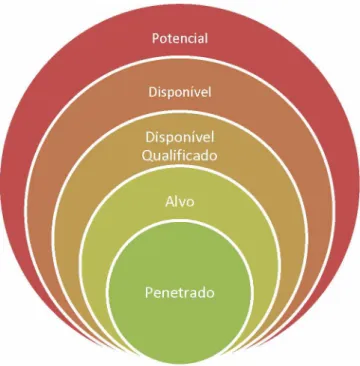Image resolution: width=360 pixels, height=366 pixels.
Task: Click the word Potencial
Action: pos(180,38)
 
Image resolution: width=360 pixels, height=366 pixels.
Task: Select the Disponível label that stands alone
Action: pos(180,92)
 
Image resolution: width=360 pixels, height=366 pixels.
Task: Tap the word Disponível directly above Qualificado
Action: pos(180,137)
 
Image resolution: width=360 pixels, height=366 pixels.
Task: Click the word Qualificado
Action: pos(180,155)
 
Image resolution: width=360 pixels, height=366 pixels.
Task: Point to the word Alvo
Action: pos(180,202)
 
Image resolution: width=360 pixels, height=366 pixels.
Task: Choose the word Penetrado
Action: pos(180,293)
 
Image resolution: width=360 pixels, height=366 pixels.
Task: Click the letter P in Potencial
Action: pos(156,38)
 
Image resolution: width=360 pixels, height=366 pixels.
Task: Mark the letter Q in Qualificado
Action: pos(148,156)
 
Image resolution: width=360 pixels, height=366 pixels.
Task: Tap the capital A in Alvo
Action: pos(170,202)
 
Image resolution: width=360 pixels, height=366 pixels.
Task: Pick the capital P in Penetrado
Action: pos(149,293)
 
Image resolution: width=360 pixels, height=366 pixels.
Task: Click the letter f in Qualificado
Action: pos(183,155)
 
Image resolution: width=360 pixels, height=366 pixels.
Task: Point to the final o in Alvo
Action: pos(190,203)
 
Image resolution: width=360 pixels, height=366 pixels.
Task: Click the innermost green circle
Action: pos(180,293)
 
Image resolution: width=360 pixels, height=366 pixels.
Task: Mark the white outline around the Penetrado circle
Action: pos(180,221)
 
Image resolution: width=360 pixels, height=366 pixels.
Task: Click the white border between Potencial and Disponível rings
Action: pos(180,57)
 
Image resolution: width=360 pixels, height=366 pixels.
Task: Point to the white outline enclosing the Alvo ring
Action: pos(180,167)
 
